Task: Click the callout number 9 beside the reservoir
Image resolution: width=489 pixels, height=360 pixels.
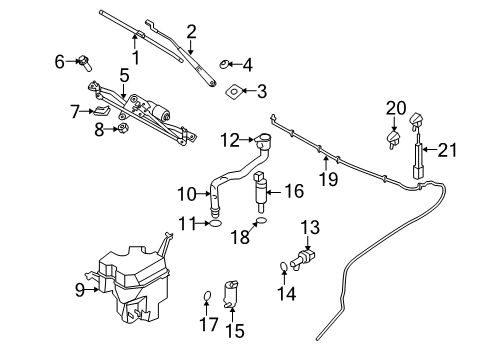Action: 78,290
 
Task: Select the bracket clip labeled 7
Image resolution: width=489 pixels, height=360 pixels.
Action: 101,111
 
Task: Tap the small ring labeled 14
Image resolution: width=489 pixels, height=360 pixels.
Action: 284,265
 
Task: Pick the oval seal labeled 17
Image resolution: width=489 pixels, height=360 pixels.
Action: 206,295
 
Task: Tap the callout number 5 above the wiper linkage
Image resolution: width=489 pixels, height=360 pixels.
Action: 124,74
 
